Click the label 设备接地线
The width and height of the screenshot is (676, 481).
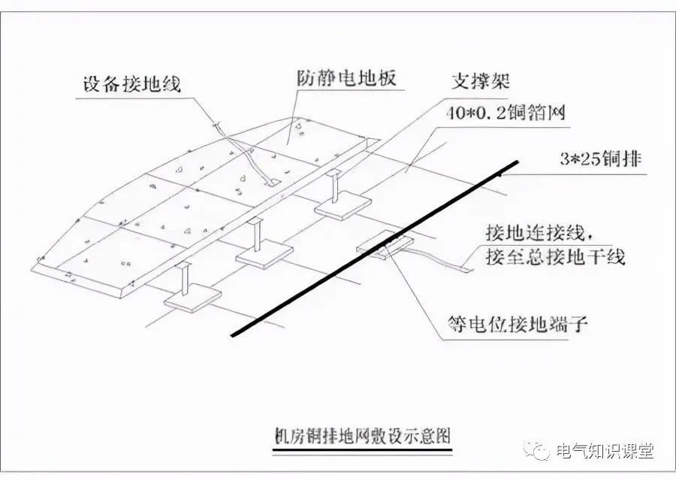pos(132,83)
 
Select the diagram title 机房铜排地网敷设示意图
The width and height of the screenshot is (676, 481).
pos(363,435)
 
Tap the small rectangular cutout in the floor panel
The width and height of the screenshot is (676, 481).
pos(271,181)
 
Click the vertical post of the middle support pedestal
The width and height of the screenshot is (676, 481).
pos(257,234)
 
